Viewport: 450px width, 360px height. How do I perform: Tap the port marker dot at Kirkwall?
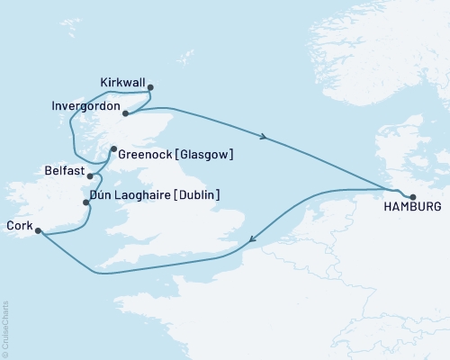click(150, 87)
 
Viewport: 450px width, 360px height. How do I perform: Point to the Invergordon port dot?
click(125, 113)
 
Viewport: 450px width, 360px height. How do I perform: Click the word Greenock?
click(146, 154)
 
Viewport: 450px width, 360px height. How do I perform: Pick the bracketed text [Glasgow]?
click(205, 154)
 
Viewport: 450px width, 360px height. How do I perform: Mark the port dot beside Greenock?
click(113, 149)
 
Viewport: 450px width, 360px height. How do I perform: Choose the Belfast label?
click(63, 171)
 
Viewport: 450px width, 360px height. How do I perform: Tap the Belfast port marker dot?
click(90, 175)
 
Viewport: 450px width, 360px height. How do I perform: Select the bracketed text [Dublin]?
click(196, 194)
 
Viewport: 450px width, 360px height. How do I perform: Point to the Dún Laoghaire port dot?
click(85, 202)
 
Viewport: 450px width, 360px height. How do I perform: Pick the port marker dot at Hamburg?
click(413, 197)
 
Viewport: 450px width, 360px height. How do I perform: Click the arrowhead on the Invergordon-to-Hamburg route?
click(263, 137)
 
